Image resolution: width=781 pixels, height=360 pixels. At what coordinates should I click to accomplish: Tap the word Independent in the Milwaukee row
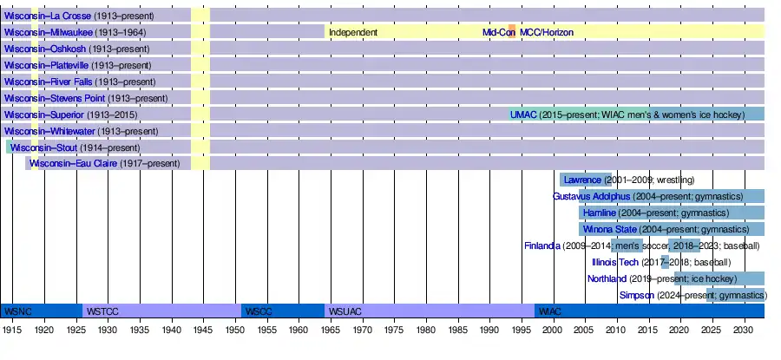pos(352,32)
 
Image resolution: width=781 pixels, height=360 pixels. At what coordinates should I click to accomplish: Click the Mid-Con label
pos(499,32)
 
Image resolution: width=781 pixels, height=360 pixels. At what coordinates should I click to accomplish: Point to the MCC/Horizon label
pos(547,32)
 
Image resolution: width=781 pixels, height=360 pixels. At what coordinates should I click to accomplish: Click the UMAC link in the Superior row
pos(523,115)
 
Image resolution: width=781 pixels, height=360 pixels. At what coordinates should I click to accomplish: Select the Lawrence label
pos(581,180)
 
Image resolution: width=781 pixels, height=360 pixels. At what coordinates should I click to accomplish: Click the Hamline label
pos(600,213)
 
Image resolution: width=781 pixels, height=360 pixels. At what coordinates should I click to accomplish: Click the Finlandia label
pos(542,245)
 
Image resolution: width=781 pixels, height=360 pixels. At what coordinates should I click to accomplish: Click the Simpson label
pos(637,295)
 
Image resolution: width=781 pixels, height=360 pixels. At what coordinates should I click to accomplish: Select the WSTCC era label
pos(102,311)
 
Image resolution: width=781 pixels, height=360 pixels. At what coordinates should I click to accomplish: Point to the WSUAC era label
pos(345,311)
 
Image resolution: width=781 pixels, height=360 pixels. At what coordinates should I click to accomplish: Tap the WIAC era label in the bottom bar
pos(549,311)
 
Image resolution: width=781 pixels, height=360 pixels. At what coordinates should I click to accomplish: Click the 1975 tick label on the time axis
pos(394,331)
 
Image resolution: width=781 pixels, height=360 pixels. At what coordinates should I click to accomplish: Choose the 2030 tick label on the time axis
pos(744,331)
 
